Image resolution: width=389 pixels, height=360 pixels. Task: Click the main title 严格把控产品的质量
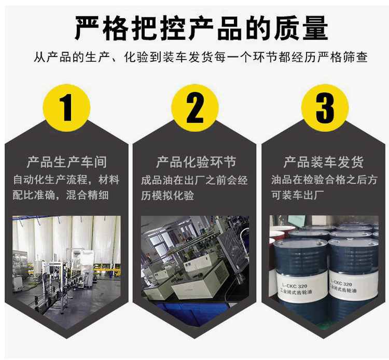[x=201, y=29]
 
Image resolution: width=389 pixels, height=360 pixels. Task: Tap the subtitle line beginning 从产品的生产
[x=201, y=57]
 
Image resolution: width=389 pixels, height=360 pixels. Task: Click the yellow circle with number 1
[x=66, y=108]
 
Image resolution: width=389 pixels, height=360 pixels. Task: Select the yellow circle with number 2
[x=195, y=108]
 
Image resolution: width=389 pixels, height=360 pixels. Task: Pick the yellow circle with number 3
[x=325, y=108]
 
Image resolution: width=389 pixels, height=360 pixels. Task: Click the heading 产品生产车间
[x=67, y=162]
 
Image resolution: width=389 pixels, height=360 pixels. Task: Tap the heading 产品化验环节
[x=196, y=162]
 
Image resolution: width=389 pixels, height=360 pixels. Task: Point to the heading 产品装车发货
[x=324, y=162]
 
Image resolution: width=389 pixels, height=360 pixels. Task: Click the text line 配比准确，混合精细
[x=61, y=195]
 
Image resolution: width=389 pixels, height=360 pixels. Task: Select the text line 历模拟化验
[x=168, y=195]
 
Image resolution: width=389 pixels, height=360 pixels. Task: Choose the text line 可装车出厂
[x=298, y=195]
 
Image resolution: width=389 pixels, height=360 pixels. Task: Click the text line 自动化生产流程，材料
[x=66, y=180]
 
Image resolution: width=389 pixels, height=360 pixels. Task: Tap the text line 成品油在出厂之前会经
[x=195, y=180]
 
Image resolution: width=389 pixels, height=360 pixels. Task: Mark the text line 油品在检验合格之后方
[x=324, y=180]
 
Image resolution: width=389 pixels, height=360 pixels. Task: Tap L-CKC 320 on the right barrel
[x=341, y=283]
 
